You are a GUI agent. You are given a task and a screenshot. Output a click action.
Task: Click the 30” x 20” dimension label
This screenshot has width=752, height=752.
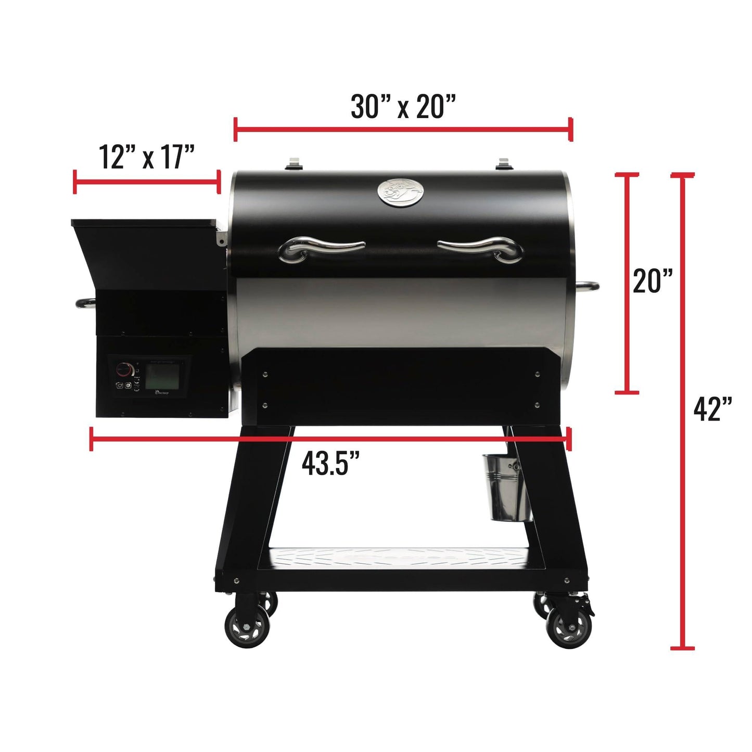point(403,107)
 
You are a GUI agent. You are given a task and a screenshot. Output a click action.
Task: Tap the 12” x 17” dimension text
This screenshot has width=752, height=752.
point(147,157)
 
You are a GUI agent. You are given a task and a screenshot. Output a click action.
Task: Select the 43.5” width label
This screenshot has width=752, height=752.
point(331,463)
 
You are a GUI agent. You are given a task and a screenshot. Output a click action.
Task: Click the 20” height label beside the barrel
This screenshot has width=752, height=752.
point(653,281)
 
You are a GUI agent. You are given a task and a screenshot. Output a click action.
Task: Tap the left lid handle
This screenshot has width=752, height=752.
point(321,248)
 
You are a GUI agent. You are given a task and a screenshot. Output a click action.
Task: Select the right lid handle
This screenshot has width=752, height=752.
point(480,248)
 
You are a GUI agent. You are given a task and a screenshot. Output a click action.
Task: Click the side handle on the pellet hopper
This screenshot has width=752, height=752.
point(85,303)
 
